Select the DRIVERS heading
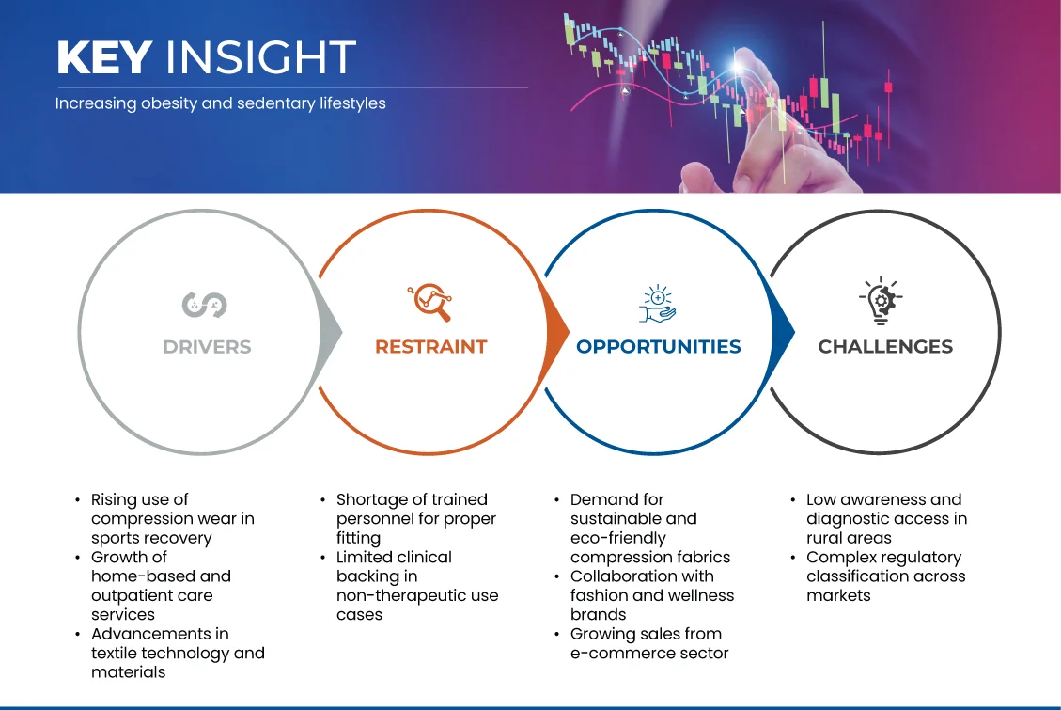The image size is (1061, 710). (207, 347)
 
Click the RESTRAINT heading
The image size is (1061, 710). (431, 347)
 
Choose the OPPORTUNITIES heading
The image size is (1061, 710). (659, 347)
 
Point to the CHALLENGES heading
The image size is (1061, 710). (885, 347)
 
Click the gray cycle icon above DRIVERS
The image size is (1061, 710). (204, 305)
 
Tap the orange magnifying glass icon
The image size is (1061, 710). (429, 302)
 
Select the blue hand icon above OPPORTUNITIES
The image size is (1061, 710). (657, 304)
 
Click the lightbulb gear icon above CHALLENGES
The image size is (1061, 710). (881, 301)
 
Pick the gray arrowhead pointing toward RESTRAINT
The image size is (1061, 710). (330, 332)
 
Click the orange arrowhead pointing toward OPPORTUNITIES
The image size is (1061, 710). (557, 332)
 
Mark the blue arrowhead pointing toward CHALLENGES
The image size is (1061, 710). (783, 332)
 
